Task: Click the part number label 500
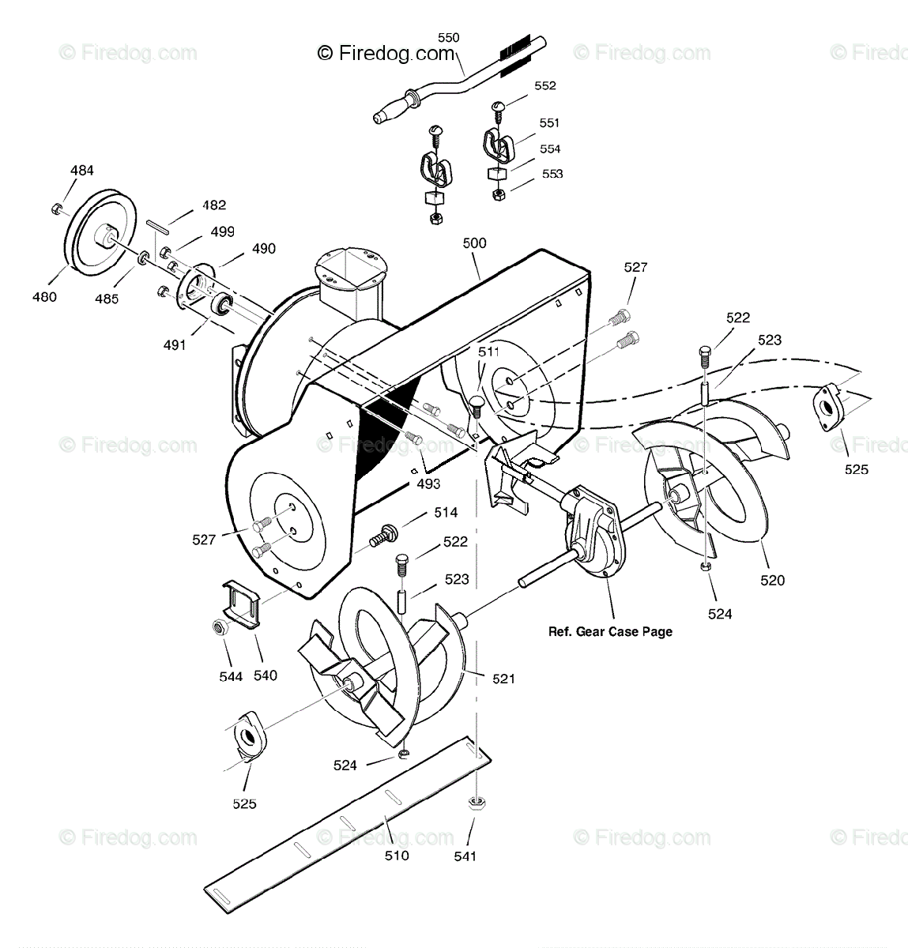(474, 243)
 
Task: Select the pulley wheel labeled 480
(97, 233)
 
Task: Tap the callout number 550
(448, 37)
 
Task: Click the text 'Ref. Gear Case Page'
(610, 631)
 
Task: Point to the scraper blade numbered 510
(340, 822)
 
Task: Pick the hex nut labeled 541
(477, 803)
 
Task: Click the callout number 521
(503, 678)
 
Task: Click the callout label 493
(428, 483)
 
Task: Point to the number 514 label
(446, 513)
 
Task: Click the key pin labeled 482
(159, 224)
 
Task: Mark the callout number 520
(772, 580)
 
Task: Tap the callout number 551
(549, 122)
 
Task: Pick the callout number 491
(175, 344)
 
